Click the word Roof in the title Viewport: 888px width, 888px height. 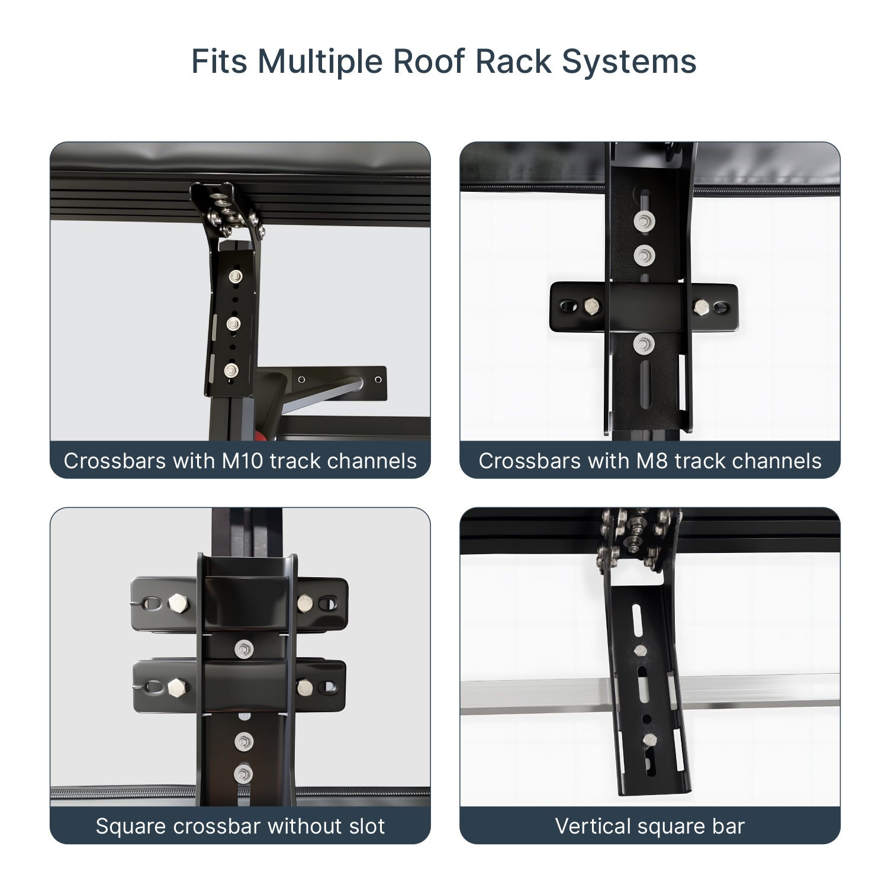429,61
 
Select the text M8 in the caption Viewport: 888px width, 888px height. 654,461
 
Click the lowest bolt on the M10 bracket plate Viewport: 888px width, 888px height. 231,370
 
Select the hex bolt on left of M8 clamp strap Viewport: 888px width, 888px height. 591,306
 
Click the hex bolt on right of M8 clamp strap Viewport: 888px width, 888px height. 701,306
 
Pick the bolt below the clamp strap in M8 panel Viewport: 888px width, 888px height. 644,343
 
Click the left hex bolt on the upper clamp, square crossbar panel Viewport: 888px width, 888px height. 177,603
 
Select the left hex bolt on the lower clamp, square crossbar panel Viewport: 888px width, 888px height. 176,687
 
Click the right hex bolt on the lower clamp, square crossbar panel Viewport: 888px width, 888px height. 304,687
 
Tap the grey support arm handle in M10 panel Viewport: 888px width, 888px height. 320,394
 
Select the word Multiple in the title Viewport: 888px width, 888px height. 320,61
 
